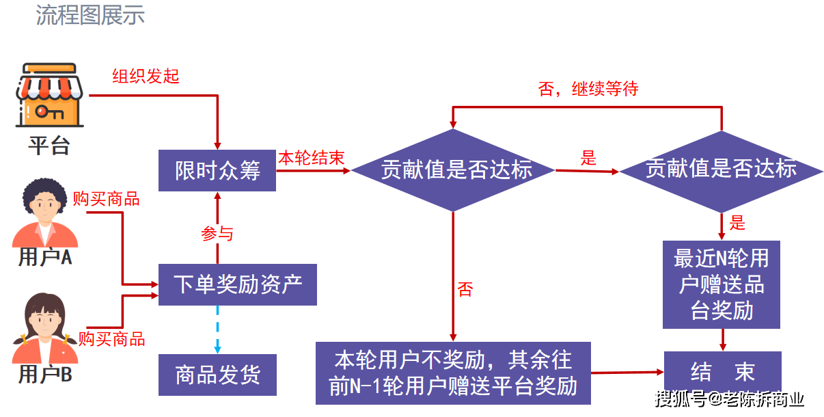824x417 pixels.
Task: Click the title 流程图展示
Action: [x=90, y=15]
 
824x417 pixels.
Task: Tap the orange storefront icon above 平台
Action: [x=49, y=96]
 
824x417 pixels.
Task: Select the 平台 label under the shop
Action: [x=49, y=146]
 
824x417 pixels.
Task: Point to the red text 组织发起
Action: [x=146, y=77]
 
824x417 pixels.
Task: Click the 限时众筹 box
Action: [x=217, y=171]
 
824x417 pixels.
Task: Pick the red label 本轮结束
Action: [x=311, y=158]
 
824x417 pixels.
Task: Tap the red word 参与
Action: [x=217, y=234]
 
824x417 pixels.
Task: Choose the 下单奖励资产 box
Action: [x=238, y=284]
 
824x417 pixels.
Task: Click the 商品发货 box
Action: [x=217, y=375]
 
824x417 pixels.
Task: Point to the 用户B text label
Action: [x=45, y=375]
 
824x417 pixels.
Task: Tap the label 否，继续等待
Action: [x=588, y=89]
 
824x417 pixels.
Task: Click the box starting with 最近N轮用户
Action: [x=722, y=284]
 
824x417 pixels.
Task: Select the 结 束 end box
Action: [x=722, y=373]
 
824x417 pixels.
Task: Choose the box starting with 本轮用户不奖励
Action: [x=453, y=373]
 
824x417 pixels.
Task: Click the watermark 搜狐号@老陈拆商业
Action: [x=730, y=399]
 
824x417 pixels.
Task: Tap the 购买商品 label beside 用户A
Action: [x=106, y=199]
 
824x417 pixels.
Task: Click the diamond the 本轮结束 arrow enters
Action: [x=453, y=170]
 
